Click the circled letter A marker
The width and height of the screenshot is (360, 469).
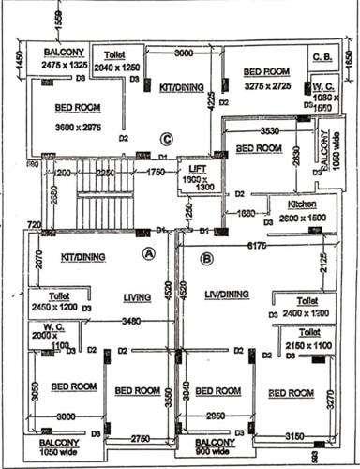point(148,253)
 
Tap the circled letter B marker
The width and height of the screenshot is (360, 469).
point(207,259)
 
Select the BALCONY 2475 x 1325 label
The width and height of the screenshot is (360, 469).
point(63,58)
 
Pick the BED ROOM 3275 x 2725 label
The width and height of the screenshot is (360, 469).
point(265,76)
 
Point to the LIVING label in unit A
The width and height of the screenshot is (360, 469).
point(137,298)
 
